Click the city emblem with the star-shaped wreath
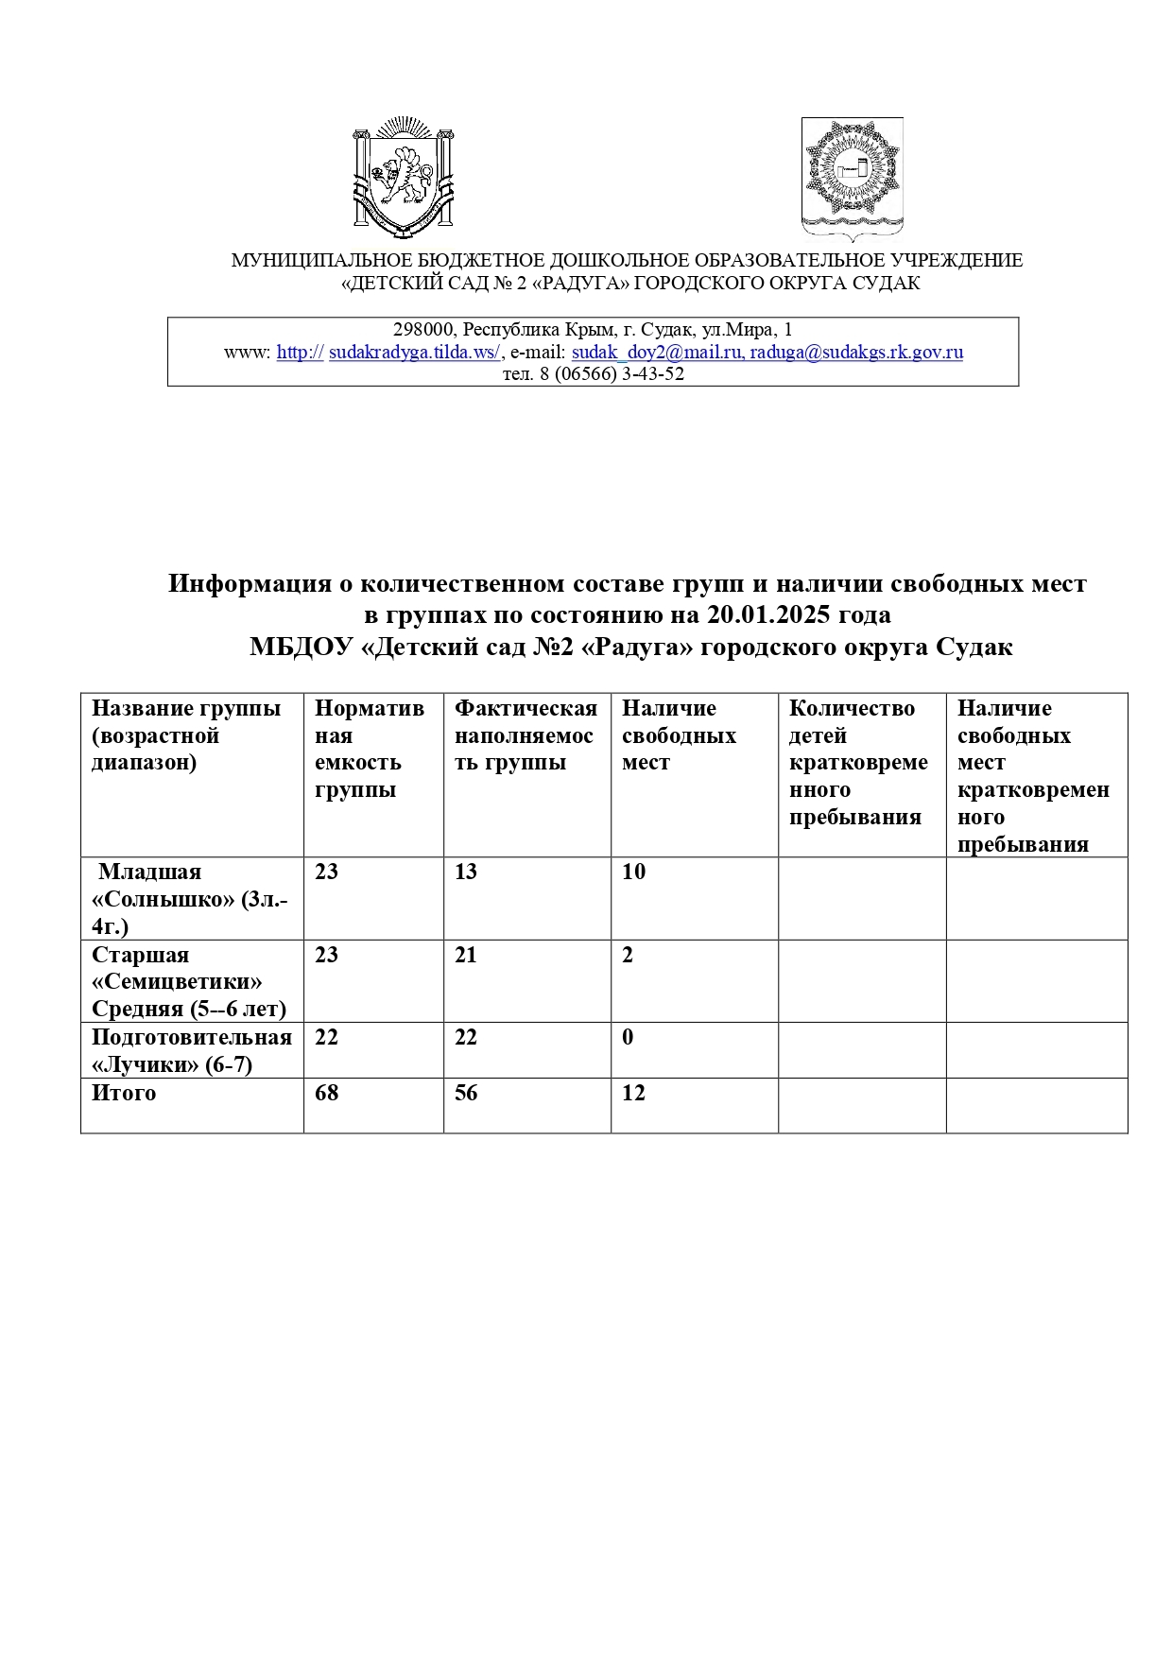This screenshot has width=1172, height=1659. point(852,176)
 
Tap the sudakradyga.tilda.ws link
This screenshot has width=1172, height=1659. point(414,353)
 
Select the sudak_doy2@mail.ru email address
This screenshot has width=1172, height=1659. point(656,353)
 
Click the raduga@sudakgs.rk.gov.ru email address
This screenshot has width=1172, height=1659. point(856,353)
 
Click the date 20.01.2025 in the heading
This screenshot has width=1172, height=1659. point(765,615)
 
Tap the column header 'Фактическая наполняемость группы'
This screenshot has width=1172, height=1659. point(526,735)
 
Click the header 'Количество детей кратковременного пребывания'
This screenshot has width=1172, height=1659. point(858,762)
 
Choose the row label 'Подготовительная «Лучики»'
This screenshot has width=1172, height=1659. point(191,1050)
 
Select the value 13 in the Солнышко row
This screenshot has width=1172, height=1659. point(466,873)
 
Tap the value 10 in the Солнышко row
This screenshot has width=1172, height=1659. point(633,873)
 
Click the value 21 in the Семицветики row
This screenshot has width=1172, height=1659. point(466,955)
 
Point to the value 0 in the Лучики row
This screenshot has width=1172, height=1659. point(628,1038)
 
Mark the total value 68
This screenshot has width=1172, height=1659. point(326,1094)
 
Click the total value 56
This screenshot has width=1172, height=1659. point(466,1094)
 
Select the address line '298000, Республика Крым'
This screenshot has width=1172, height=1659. point(593,330)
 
